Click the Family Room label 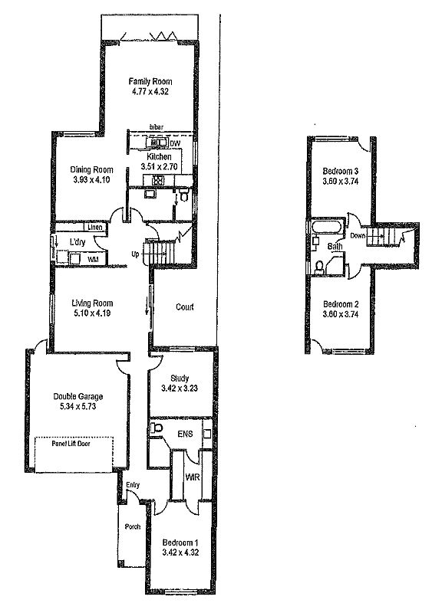point(150,82)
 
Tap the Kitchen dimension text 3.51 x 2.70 point(159,166)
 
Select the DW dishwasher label point(175,144)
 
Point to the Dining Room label point(91,170)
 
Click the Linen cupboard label point(95,227)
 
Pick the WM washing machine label point(93,259)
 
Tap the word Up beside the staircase point(135,254)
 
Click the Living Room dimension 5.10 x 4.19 point(92,313)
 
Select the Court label point(184,307)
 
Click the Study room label point(180,379)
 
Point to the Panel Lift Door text point(71,444)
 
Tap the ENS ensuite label point(185,434)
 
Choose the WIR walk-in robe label point(192,477)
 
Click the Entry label point(133,485)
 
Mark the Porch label point(133,526)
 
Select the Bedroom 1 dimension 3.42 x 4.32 point(180,552)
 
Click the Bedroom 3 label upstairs point(341,171)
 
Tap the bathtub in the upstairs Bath point(327,228)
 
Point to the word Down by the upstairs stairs point(358,236)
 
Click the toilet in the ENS point(157,428)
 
